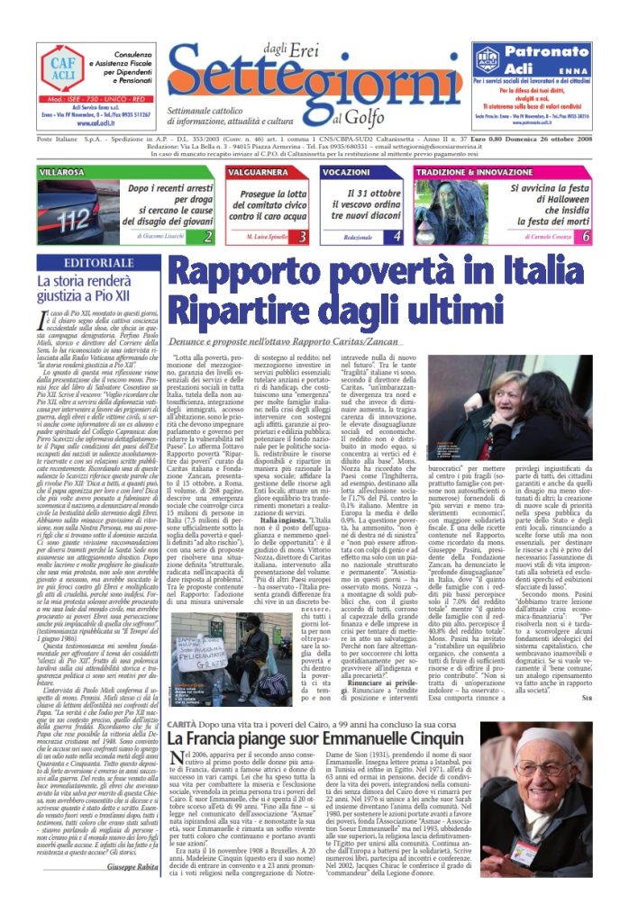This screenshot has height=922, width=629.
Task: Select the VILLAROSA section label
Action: (61, 171)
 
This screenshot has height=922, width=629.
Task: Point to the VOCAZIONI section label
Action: (346, 171)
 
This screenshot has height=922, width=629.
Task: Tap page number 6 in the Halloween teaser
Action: (586, 237)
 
